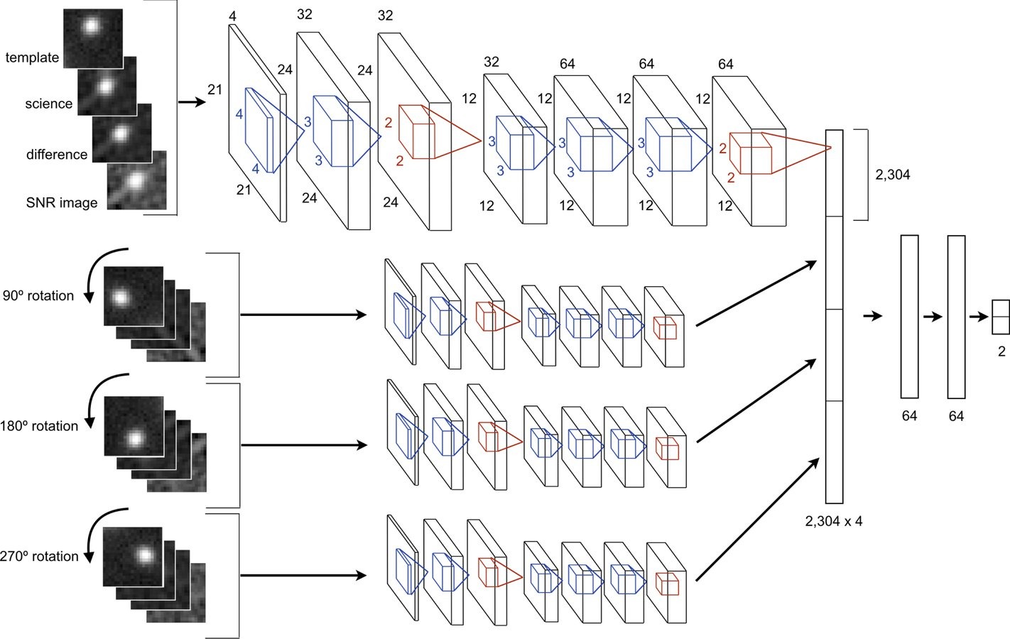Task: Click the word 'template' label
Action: click(32, 58)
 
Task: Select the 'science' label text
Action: click(48, 104)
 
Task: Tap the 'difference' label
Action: click(57, 155)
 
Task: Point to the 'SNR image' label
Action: click(62, 203)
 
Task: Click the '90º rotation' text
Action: click(38, 296)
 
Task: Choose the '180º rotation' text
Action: click(39, 426)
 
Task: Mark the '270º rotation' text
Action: click(39, 557)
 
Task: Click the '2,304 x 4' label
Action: click(834, 521)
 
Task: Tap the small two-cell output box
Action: click(1000, 317)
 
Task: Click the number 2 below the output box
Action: click(1001, 351)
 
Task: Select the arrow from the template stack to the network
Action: click(190, 103)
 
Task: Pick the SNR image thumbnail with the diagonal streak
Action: click(137, 180)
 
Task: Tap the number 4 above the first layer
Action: click(233, 16)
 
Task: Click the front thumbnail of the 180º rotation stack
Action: click(134, 426)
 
